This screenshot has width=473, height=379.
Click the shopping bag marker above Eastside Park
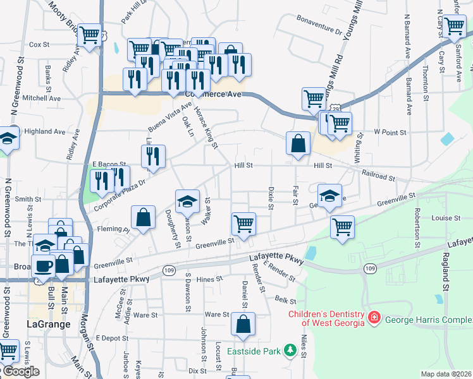[x=243, y=325]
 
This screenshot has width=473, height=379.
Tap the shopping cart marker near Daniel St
[x=244, y=224]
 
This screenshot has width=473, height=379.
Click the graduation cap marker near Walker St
[x=187, y=202]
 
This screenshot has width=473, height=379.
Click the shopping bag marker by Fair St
[x=298, y=143]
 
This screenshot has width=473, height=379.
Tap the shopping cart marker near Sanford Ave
[x=454, y=27]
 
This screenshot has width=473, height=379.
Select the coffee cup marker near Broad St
[x=44, y=267]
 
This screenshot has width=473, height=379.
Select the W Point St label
[x=389, y=132]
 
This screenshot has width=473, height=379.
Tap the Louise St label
[x=446, y=218]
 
